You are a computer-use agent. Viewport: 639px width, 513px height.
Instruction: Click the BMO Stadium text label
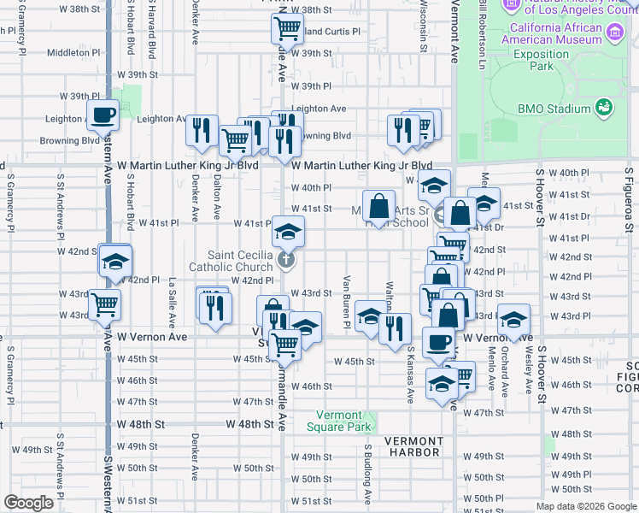554,109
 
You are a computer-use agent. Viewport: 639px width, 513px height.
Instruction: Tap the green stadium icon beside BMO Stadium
604,107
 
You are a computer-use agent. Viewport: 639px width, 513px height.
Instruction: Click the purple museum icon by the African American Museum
615,33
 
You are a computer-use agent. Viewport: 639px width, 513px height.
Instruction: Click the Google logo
28,502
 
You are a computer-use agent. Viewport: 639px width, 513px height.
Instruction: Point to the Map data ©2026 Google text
585,506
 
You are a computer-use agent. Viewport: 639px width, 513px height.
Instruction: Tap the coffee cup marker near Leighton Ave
103,114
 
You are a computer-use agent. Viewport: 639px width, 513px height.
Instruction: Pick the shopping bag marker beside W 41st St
378,206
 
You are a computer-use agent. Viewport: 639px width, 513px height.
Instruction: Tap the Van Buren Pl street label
347,301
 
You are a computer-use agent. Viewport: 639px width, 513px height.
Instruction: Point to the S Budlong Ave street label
368,474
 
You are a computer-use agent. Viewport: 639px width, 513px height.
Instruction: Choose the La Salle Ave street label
173,301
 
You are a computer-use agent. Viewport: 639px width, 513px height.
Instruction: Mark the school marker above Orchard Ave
513,321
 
